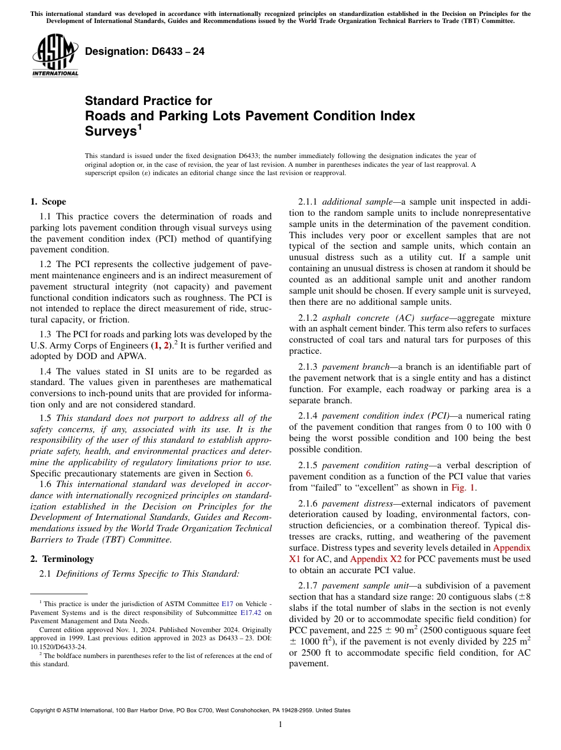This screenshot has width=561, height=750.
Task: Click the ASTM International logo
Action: pos(54,55)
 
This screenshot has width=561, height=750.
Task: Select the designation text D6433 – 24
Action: pos(145,51)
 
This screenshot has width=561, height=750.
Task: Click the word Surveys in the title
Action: pos(110,131)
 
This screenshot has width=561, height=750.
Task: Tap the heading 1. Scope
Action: pos(48,202)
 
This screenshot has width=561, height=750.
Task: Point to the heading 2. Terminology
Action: pos(62,558)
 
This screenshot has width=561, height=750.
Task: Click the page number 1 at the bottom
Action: pos(280,724)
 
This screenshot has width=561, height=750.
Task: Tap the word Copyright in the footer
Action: pos(44,710)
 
